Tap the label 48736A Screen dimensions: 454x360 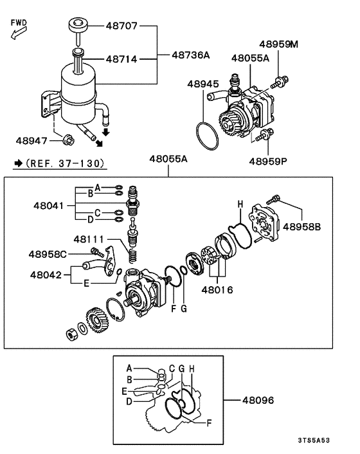point(190,56)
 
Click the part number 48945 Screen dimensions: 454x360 point(204,84)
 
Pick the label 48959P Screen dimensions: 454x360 point(268,161)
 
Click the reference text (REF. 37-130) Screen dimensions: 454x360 point(65,164)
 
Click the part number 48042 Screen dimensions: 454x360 point(46,274)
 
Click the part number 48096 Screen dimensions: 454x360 point(258,400)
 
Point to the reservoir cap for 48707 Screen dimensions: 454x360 point(76,26)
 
